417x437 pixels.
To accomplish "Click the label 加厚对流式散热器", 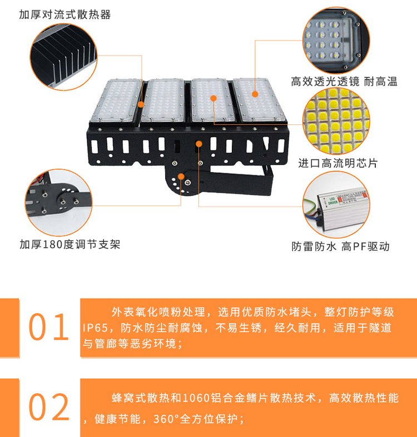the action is [x=64, y=14].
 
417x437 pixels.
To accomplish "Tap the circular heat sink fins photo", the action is [x=63, y=57].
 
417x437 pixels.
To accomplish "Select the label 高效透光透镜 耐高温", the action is [x=344, y=82].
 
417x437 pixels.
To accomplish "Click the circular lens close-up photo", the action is [x=336, y=41].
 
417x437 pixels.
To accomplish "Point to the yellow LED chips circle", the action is [x=336, y=120].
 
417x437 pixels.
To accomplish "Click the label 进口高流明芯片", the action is [x=337, y=163].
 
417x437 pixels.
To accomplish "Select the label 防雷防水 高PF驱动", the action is [x=340, y=247].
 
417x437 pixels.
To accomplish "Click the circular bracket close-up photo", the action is [x=58, y=202].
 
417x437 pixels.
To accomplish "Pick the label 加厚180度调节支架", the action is [x=70, y=244].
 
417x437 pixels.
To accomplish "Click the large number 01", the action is [x=48, y=327].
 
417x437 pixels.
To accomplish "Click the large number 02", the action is [x=49, y=406].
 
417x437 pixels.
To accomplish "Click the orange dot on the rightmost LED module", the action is [x=255, y=94].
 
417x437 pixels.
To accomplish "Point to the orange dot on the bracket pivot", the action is [x=181, y=177].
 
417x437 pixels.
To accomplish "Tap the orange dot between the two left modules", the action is [x=141, y=104].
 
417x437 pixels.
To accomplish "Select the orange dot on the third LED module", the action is [x=214, y=98].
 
